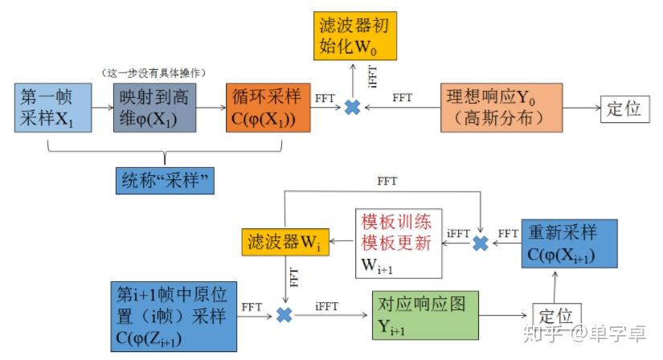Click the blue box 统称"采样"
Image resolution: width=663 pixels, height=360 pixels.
click(166, 181)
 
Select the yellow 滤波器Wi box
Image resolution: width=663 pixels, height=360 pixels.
click(285, 241)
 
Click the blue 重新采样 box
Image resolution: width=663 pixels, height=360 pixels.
click(568, 243)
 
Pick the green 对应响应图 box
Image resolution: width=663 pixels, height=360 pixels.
click(424, 315)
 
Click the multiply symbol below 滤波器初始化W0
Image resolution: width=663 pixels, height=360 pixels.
click(352, 107)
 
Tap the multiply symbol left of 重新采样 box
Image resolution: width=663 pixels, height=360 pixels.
click(481, 242)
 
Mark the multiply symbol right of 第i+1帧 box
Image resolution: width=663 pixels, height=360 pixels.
click(284, 316)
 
